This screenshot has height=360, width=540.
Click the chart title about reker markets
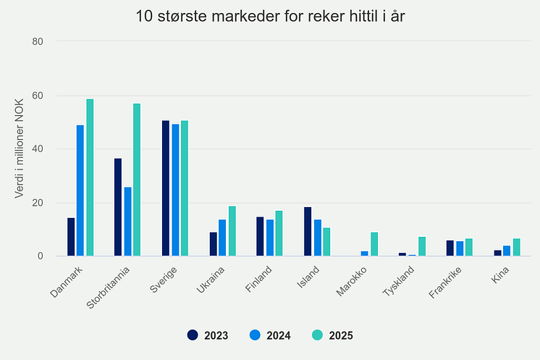[270, 16]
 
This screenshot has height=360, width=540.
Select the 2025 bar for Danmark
[90, 177]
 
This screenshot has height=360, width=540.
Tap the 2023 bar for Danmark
[71, 237]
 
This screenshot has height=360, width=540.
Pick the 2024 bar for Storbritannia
[127, 222]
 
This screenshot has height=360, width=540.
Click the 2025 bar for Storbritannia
[137, 180]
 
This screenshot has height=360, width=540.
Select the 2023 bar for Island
[308, 232]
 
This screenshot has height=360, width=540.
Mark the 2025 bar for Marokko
[374, 244]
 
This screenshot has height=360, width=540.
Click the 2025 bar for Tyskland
[421, 246]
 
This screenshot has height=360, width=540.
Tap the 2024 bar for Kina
[507, 251]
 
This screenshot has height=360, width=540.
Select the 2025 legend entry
[333, 335]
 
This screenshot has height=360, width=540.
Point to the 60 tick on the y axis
[38, 96]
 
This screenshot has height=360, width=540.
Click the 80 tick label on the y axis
[38, 41]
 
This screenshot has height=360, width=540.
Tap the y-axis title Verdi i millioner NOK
[20, 148]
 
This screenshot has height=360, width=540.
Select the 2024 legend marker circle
[254, 335]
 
